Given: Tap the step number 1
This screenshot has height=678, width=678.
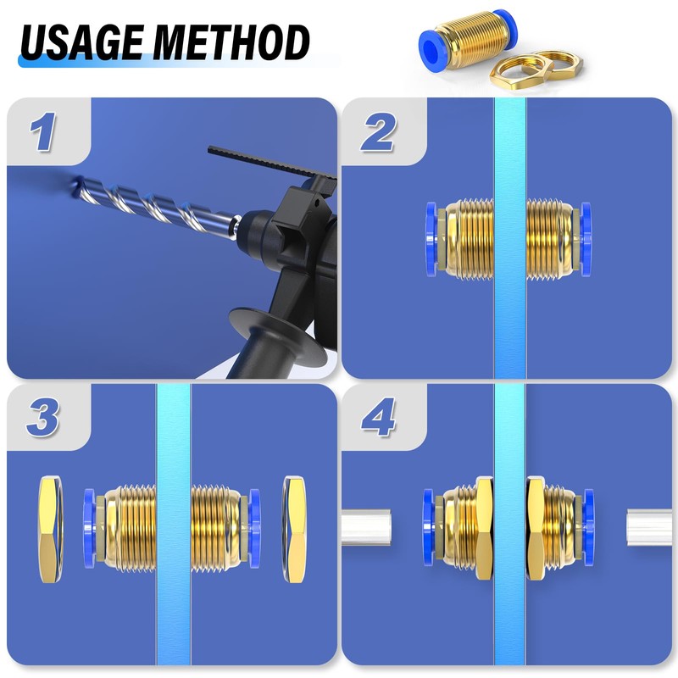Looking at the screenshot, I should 43,134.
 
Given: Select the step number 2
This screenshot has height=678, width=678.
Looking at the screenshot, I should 377,134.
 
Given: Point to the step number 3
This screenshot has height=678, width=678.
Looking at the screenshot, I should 43,420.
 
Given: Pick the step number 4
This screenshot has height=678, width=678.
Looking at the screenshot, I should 377,420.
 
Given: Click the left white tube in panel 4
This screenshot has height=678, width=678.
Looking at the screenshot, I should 365,528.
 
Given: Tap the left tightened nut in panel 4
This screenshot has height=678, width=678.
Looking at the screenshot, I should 485,529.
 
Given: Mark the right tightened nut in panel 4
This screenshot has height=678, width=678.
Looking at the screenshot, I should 536,529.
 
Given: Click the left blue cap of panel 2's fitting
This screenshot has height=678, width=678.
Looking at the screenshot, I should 431,239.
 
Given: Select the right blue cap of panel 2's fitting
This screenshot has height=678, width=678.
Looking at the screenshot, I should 586,239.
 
